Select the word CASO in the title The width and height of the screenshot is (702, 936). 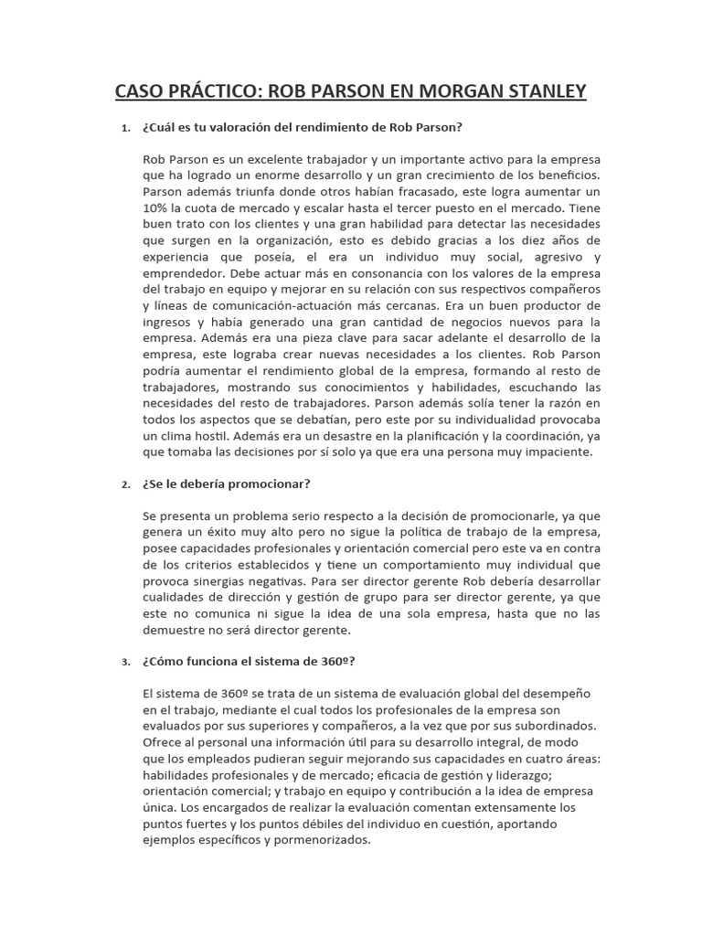[x=145, y=91]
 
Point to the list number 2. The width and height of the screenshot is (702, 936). [x=126, y=485]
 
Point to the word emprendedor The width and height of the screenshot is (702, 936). [x=183, y=274]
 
